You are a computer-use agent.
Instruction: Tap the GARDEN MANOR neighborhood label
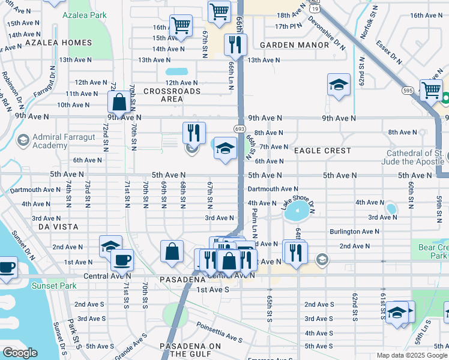295,45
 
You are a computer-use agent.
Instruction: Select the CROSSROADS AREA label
172,95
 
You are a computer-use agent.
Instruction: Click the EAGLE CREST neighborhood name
323,151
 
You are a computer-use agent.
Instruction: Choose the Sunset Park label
55,286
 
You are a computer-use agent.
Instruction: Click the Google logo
20,353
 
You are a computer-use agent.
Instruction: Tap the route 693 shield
238,129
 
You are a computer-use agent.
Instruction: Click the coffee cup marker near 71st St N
122,260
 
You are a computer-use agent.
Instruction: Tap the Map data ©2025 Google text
411,355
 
